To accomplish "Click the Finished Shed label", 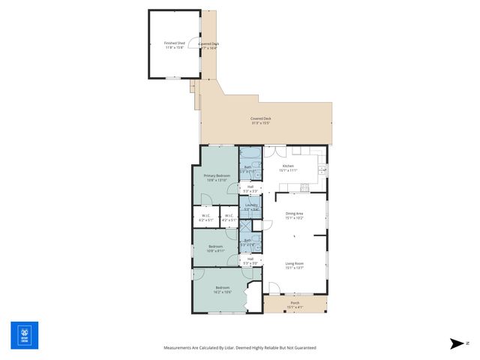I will (x=174, y=43).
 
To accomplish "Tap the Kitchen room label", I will (x=288, y=166).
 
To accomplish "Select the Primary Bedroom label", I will (x=217, y=176).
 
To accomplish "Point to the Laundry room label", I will (x=251, y=205).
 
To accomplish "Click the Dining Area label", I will (x=294, y=214).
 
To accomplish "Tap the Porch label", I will (x=295, y=304).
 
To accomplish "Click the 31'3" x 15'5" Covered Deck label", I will (x=261, y=119).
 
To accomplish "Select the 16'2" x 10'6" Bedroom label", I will (x=223, y=289).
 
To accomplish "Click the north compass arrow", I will (x=457, y=343).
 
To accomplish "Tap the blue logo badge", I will (x=24, y=334).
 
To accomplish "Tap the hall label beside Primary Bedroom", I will (x=250, y=187).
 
